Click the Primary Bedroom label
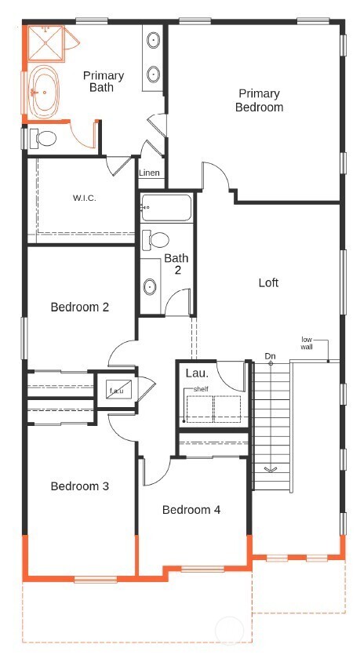(x=259, y=100)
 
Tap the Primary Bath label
(x=104, y=82)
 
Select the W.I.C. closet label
(x=85, y=198)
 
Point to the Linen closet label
(x=149, y=173)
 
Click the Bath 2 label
(x=176, y=264)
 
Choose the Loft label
(x=268, y=282)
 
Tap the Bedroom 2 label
(x=79, y=307)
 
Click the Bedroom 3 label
(x=79, y=486)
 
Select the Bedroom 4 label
(x=191, y=510)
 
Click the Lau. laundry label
(x=195, y=373)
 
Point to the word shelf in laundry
(x=201, y=389)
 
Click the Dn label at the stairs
(x=271, y=355)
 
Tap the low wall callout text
(x=307, y=343)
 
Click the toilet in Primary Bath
(x=44, y=139)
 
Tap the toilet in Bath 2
(x=159, y=239)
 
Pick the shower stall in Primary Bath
(x=45, y=45)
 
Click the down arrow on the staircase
(x=271, y=469)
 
